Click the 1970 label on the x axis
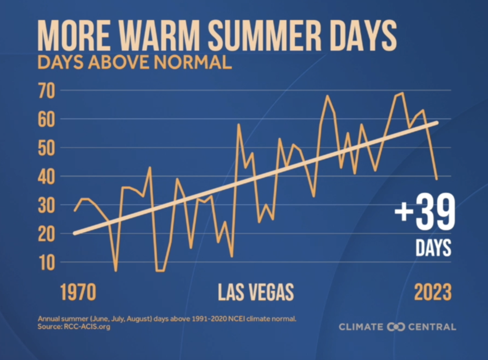click(x=78, y=293)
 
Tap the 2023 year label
click(x=433, y=293)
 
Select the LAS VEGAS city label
click(x=256, y=293)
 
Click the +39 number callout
click(x=425, y=213)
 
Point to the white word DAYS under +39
click(x=433, y=248)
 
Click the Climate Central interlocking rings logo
click(x=396, y=327)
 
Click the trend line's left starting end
click(x=75, y=233)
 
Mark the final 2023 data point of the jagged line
click(x=437, y=179)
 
